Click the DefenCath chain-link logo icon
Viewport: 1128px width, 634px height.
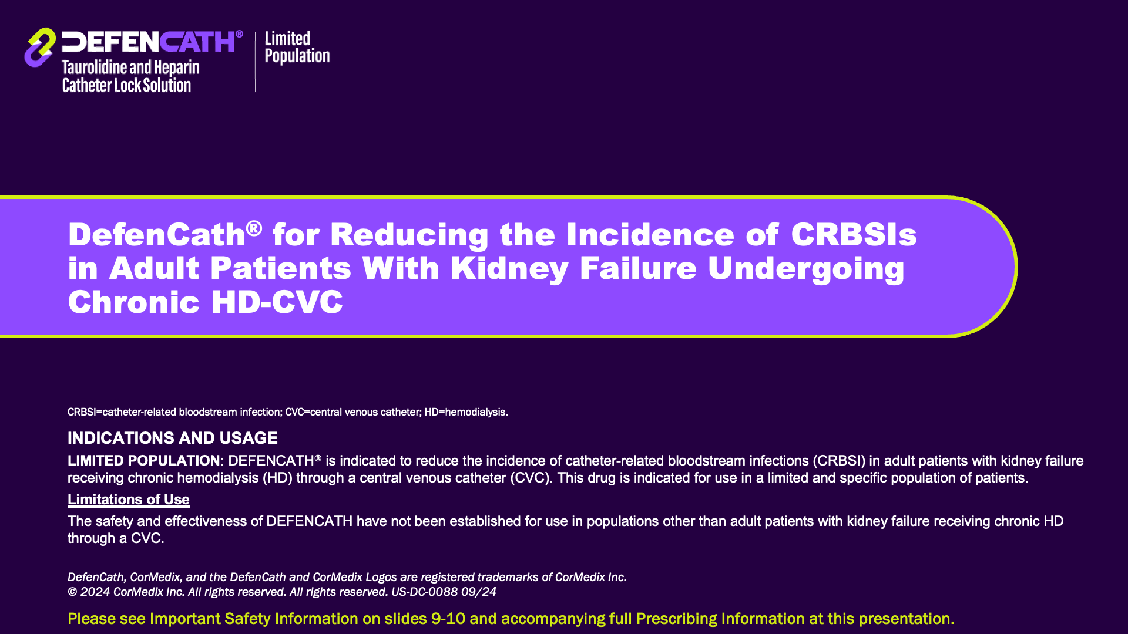[x=40, y=48]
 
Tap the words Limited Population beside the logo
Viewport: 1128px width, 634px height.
[x=297, y=47]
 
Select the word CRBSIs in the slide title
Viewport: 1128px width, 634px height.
[x=854, y=234]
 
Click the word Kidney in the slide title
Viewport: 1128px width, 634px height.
[x=509, y=268]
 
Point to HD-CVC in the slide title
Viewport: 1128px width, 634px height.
[x=277, y=302]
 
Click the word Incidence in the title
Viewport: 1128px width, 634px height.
[x=650, y=234]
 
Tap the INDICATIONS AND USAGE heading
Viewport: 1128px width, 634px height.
[x=173, y=438]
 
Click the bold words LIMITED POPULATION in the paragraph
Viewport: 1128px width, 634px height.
[x=144, y=461]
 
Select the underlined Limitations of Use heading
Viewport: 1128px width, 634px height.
[x=129, y=500]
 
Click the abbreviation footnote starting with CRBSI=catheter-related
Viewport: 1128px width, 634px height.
[x=288, y=412]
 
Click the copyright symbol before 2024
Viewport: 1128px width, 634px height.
[x=72, y=592]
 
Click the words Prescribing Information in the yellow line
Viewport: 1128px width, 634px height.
[x=720, y=619]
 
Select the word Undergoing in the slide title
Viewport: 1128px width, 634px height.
[x=806, y=268]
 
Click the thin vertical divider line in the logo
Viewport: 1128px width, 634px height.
[x=255, y=62]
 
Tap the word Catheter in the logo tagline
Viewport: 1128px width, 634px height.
[x=86, y=85]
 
